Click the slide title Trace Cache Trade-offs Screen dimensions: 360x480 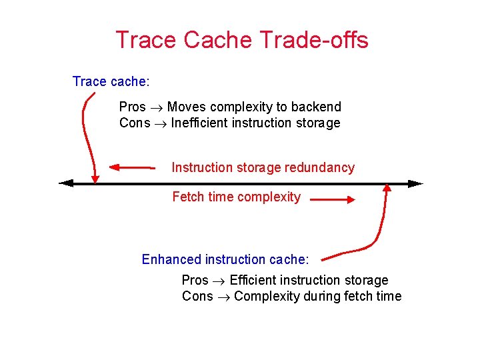pyautogui.click(x=241, y=40)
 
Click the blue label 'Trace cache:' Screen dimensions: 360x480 pyautogui.click(x=111, y=81)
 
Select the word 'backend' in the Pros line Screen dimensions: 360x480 pyautogui.click(x=316, y=107)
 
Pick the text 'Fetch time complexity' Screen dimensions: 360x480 pyautogui.click(x=236, y=197)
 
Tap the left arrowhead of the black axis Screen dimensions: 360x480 pyautogui.click(x=65, y=183)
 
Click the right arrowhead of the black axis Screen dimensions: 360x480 pyautogui.click(x=416, y=183)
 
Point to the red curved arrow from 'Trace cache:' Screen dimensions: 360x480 pyautogui.click(x=85, y=133)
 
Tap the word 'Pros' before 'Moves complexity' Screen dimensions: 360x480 pyautogui.click(x=132, y=107)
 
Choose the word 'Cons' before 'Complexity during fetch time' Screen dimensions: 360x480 pyautogui.click(x=197, y=296)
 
